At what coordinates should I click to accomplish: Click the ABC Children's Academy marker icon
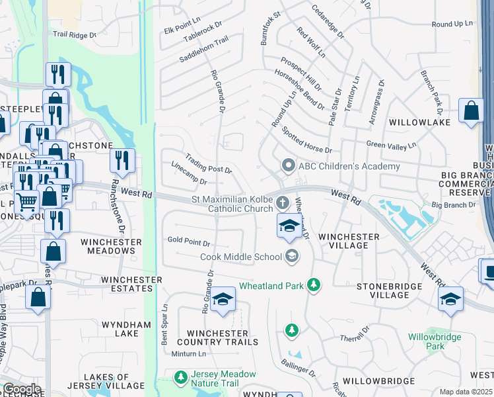287,165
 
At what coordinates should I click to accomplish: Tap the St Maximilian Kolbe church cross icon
283,202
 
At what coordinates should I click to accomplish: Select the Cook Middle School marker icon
291,256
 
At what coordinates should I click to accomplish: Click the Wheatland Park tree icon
314,286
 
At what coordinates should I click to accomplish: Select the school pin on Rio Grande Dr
223,299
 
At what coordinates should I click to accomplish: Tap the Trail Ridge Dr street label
75,34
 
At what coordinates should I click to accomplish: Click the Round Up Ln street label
452,24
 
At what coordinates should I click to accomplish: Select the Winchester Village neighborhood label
349,241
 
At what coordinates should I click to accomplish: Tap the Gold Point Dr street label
189,242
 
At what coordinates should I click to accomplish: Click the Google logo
21,389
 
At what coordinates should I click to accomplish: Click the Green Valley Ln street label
392,145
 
